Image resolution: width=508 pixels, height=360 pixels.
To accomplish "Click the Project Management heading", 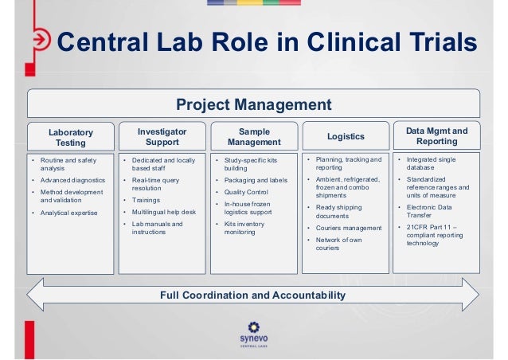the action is click(253, 104).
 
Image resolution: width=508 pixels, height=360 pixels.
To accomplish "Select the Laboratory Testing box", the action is click(70, 137).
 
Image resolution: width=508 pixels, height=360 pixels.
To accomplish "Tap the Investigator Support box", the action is click(162, 136).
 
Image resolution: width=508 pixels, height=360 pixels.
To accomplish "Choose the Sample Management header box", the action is click(254, 136).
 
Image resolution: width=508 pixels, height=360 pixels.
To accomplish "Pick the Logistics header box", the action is click(346, 137).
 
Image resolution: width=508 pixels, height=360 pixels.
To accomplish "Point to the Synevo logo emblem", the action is click(254, 328).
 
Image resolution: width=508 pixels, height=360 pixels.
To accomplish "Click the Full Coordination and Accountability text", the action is click(253, 295).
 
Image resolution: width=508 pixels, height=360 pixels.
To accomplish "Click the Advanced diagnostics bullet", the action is click(74, 181).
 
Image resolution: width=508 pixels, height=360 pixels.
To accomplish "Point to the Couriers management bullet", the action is click(349, 227).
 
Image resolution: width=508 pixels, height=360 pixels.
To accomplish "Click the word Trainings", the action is click(146, 200).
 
